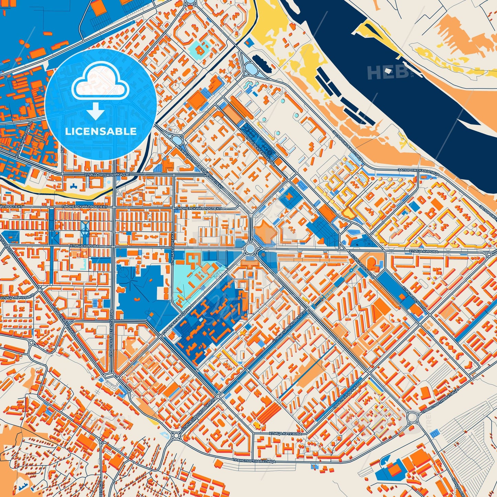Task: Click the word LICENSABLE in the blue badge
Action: [x=101, y=131]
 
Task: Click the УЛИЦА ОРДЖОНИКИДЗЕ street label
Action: [x=107, y=175]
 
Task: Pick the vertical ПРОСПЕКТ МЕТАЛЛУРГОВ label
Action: [x=111, y=330]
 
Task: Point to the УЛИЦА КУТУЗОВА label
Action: [x=285, y=434]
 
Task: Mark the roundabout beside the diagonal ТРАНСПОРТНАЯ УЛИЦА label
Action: [x=412, y=418]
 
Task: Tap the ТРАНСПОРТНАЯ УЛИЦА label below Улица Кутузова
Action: [x=254, y=460]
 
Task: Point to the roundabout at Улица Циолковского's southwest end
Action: [x=176, y=435]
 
